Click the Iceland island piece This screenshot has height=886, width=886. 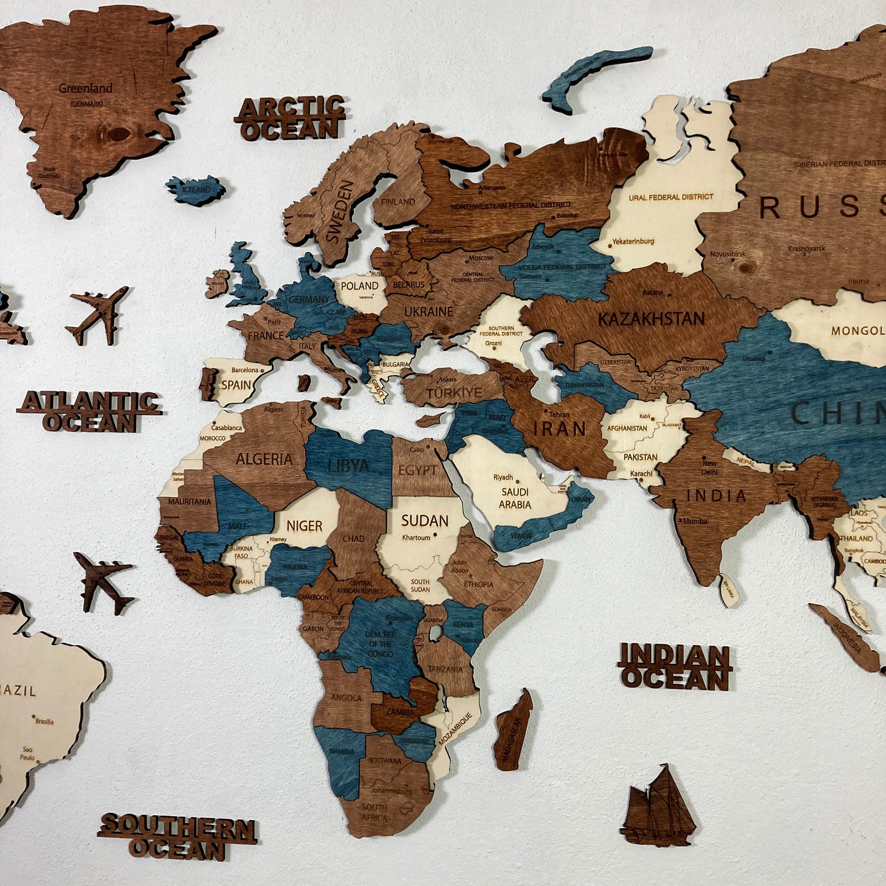coord(196,189)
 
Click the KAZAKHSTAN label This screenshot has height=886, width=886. coord(651,319)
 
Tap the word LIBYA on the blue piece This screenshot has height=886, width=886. coord(348,465)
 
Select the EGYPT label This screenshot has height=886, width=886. coord(417,470)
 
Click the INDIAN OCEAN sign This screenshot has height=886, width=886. coord(674,667)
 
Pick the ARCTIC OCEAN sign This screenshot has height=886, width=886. coord(291,118)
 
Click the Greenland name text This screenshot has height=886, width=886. coord(85,88)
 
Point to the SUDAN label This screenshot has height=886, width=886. coord(425,521)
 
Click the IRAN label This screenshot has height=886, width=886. coord(560,428)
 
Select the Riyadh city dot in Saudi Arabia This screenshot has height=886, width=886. coord(517,481)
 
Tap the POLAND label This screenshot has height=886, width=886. coord(359,286)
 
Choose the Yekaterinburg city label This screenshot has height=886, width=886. coord(633,241)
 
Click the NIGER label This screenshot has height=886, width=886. coord(305,526)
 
